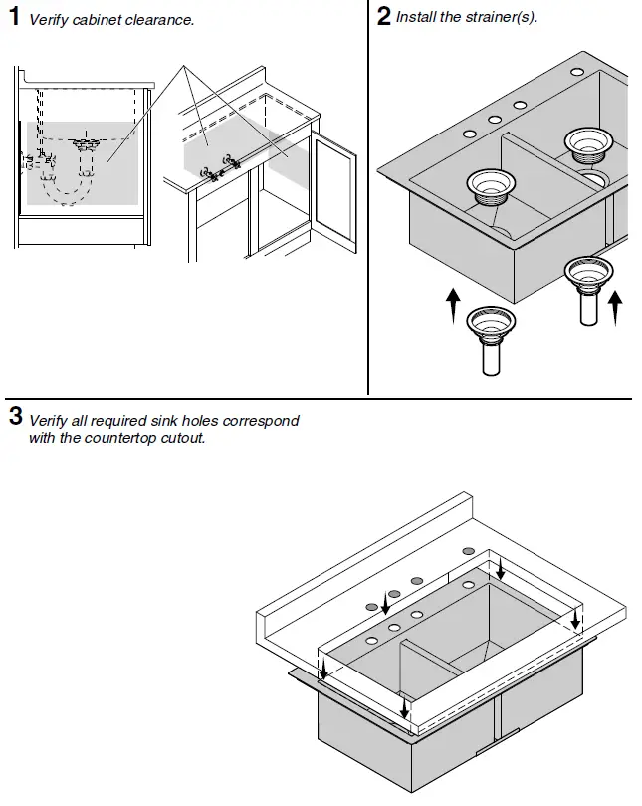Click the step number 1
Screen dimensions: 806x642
(x=14, y=17)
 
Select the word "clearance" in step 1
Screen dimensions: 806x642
(x=163, y=20)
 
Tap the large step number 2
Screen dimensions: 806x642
(x=384, y=17)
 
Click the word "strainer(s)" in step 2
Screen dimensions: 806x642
(x=502, y=18)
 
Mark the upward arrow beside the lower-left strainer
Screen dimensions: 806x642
(x=453, y=304)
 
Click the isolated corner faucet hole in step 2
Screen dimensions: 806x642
(x=576, y=73)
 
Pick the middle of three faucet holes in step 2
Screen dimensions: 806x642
(x=494, y=119)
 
